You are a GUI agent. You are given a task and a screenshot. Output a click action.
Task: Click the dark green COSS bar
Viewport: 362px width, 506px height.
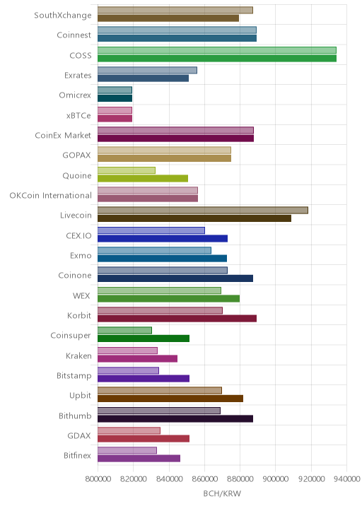tap(217, 59)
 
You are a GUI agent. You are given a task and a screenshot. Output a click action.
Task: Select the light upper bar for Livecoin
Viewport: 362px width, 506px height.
tap(203, 211)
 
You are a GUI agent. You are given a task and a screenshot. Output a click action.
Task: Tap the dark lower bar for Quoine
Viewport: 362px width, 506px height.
tap(143, 179)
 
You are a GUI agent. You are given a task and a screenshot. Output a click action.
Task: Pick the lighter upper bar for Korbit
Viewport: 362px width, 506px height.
tap(160, 310)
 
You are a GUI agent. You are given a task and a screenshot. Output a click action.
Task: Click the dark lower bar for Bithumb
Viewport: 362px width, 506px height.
tap(175, 419)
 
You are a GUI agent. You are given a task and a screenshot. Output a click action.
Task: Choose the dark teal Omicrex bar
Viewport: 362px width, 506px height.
tap(115, 98)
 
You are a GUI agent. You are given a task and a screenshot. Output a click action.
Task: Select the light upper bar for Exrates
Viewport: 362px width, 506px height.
tap(147, 71)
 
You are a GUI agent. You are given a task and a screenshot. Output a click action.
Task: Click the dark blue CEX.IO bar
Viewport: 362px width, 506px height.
tap(163, 238)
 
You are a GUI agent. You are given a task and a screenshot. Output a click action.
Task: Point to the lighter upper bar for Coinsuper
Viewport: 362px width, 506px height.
tap(124, 331)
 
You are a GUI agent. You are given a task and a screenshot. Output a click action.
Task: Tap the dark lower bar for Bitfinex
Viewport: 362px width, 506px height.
tap(139, 459)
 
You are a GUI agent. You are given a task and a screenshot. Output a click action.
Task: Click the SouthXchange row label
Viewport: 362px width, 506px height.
tap(63, 15)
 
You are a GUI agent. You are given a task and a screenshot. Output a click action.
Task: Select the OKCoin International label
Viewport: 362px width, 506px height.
tap(50, 195)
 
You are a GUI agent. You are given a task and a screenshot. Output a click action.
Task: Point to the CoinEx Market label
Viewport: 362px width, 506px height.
tap(63, 135)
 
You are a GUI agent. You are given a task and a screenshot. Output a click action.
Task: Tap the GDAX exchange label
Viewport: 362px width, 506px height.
tap(79, 435)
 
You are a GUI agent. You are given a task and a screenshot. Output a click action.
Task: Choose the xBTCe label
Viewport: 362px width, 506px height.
tap(78, 115)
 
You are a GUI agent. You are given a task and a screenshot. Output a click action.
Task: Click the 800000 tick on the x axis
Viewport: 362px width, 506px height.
tap(98, 479)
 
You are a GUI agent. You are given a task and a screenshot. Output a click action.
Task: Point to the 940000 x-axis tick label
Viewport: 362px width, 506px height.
tap(347, 479)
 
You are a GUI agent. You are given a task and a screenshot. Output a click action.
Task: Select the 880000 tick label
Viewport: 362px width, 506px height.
tap(240, 479)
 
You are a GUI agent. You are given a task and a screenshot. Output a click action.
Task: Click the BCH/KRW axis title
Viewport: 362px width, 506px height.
tap(222, 493)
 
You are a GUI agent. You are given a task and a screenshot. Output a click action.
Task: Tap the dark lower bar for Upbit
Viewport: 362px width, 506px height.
tap(170, 399)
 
